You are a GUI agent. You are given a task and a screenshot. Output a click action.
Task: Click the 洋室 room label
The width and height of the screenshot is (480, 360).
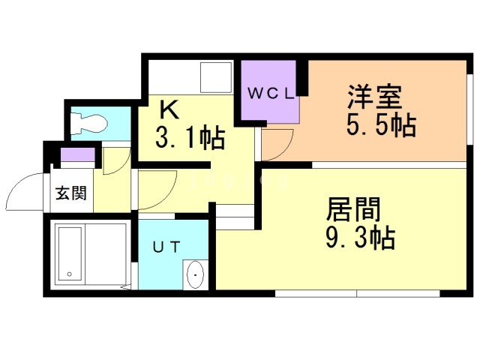click(375, 97)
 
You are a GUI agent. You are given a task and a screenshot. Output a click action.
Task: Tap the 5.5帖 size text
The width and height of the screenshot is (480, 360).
click(381, 126)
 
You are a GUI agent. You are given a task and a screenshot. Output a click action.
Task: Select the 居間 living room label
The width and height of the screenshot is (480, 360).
click(353, 208)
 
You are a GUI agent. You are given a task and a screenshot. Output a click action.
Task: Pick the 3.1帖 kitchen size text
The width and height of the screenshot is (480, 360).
click(190, 138)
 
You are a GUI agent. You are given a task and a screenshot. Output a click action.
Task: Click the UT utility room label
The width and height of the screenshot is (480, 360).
click(167, 245)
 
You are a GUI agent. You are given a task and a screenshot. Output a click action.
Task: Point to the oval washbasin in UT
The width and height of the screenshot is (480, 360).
click(195, 275)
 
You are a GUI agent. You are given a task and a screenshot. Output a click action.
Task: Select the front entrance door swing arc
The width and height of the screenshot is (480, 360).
click(24, 193)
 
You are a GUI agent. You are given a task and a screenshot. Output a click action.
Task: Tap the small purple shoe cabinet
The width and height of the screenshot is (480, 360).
click(77, 157)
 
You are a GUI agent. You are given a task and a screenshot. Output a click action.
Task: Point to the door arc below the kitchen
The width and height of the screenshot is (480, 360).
click(156, 188)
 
